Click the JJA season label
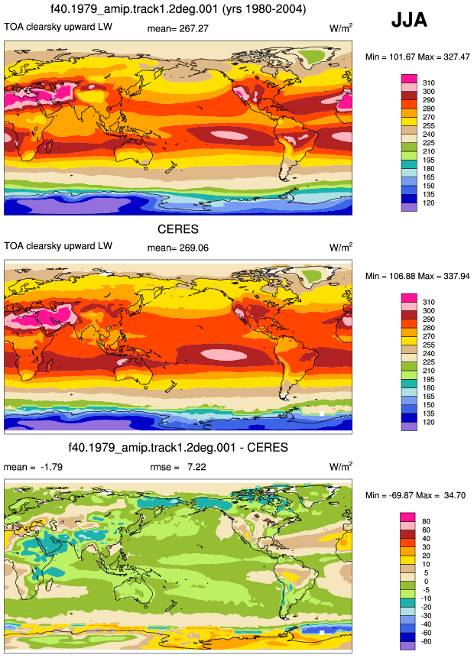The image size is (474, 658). pos(409,20)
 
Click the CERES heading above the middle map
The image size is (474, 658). pos(178,229)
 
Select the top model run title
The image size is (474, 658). pos(178,9)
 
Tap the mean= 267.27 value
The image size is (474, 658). pos(177,28)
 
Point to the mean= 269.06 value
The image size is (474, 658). pos(177,248)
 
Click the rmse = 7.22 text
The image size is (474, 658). pos(178,467)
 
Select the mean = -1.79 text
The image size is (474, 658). pos(33,467)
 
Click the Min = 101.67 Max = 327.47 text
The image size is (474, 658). pos(417,57)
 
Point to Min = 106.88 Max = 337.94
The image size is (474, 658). pos(417,276)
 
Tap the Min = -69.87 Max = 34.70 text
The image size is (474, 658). pos(415,495)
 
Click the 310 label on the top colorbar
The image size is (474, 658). pos(429,83)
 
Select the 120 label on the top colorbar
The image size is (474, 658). pos(429,203)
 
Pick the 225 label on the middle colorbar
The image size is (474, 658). pos(429,362)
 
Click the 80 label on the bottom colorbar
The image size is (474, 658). pos(426,522)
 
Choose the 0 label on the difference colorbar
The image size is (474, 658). pos(426,582)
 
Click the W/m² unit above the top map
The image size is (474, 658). pos(341,28)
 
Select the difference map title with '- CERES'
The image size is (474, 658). pos(178,447)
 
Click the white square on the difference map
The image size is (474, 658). pos(322,633)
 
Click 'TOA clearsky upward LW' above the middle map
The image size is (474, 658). pos(58,246)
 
